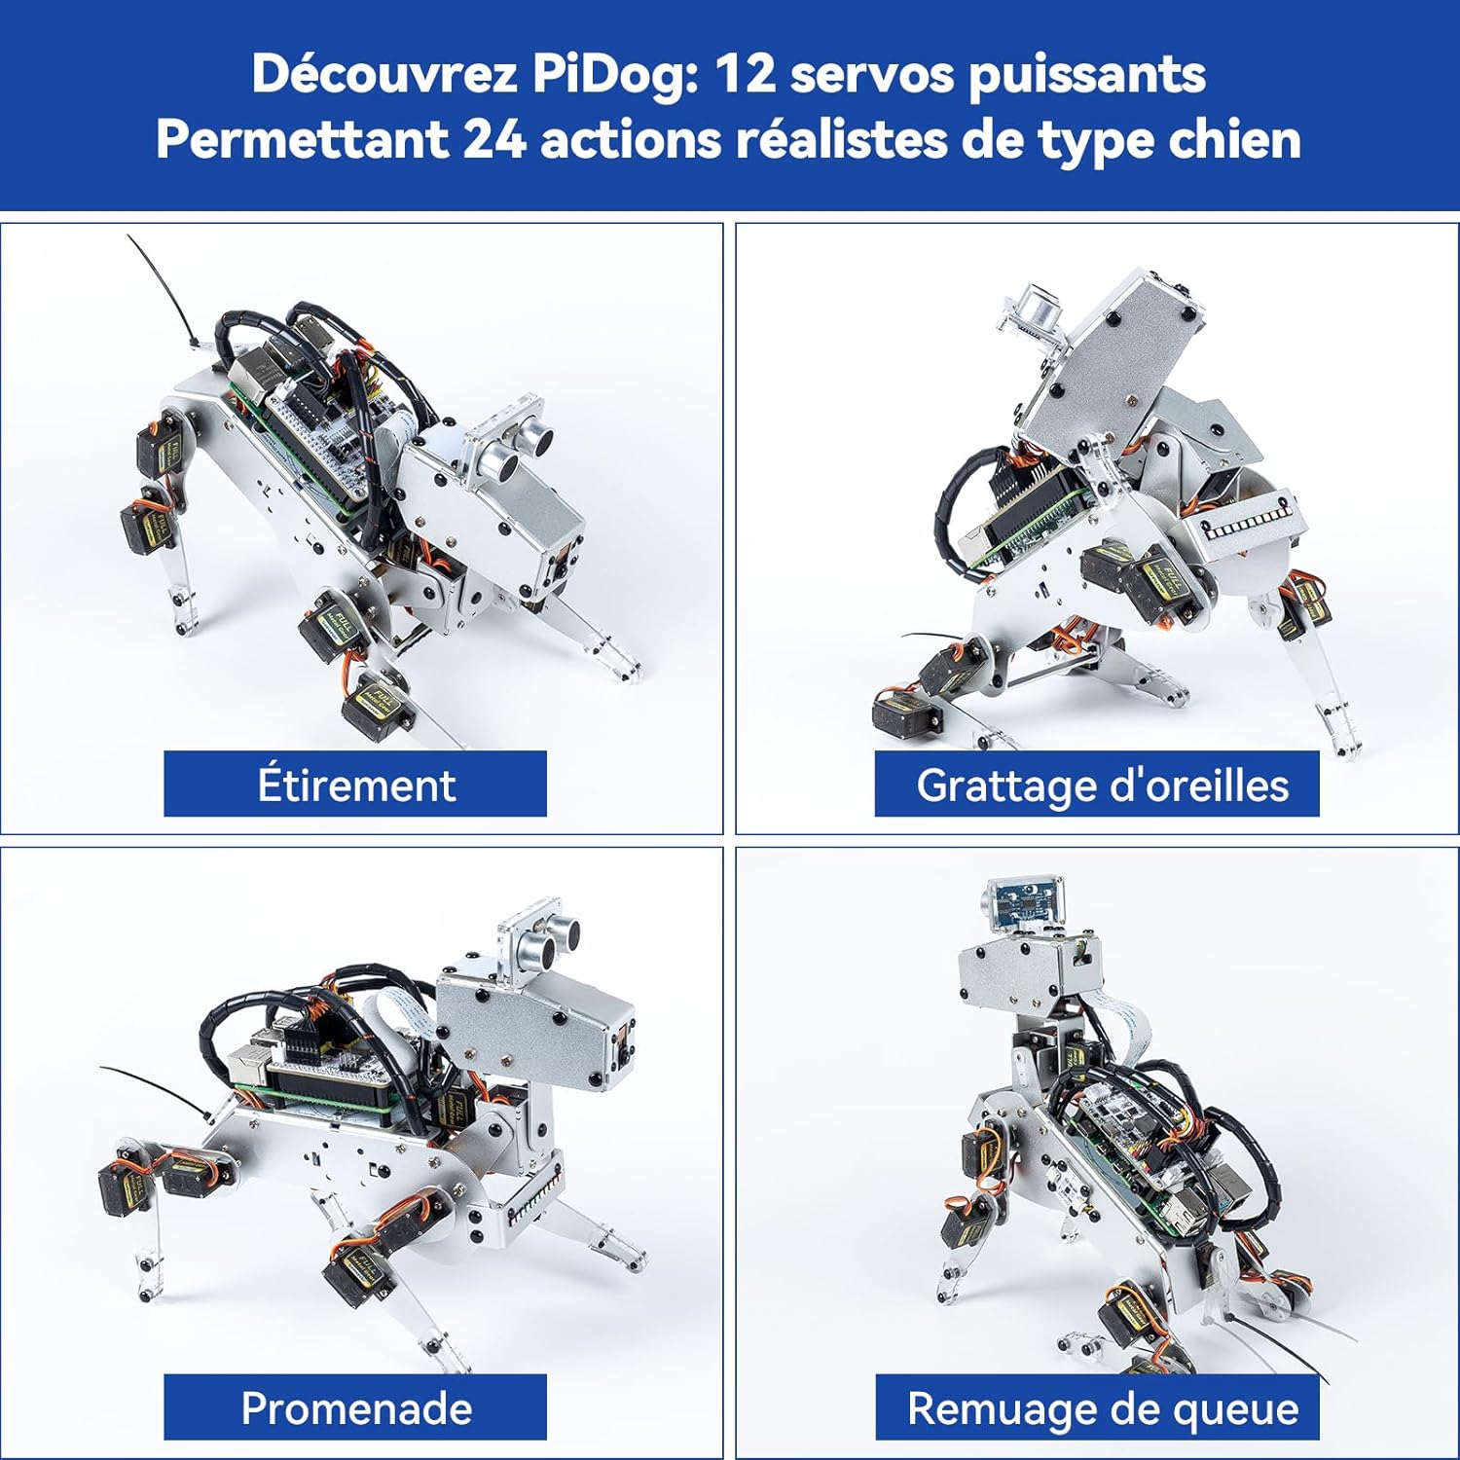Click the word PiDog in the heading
point(614,74)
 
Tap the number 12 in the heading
point(745,74)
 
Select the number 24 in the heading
point(494,139)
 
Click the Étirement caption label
point(355,784)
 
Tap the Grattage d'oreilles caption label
point(1097,784)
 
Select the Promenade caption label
point(355,1407)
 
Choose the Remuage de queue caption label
point(1097,1407)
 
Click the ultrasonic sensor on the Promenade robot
point(540,939)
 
